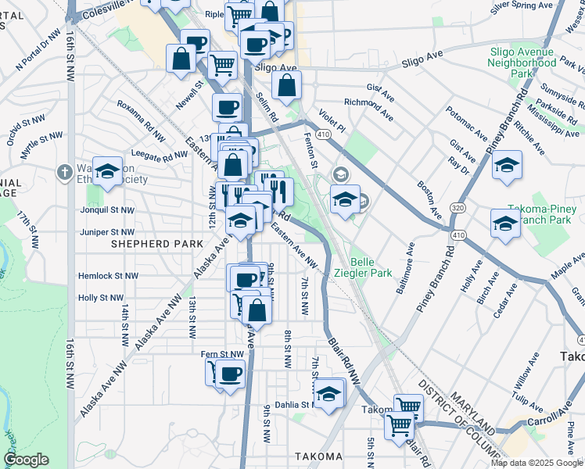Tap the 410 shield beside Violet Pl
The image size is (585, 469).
tap(323, 134)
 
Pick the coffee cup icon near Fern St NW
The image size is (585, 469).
tap(229, 374)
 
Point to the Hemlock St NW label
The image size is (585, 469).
tap(108, 276)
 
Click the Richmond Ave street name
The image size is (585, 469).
tap(368, 109)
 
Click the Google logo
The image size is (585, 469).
tap(26, 460)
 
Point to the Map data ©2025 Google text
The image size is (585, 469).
tap(537, 463)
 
